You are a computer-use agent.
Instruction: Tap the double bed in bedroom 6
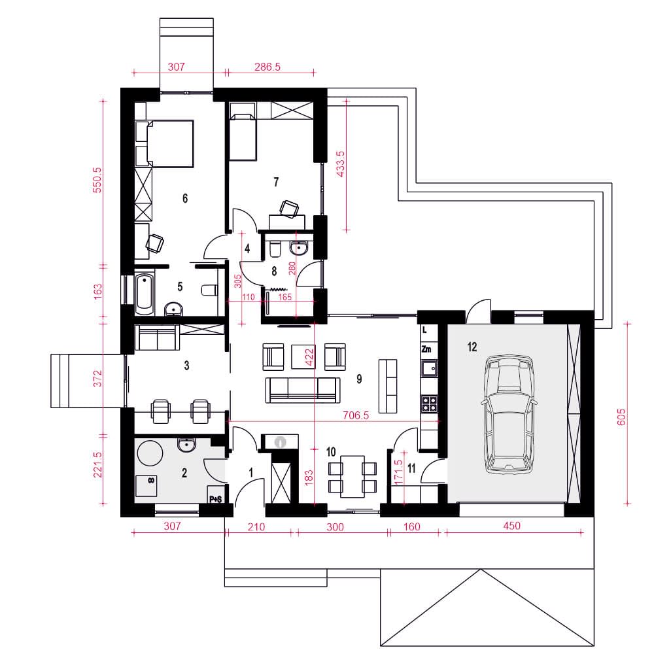(x=170, y=143)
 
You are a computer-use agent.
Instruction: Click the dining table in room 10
(x=353, y=476)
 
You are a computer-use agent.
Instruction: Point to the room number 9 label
(x=359, y=379)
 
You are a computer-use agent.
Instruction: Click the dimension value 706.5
(x=356, y=415)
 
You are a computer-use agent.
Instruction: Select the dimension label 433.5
(x=341, y=164)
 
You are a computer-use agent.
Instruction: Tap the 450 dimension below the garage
(x=512, y=526)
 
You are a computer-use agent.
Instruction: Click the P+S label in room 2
(x=215, y=499)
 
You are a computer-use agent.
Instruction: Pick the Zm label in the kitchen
(x=426, y=349)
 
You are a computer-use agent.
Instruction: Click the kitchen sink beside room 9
(x=429, y=368)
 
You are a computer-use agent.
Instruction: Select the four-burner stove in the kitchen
(x=429, y=404)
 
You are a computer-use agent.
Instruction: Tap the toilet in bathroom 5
(x=209, y=290)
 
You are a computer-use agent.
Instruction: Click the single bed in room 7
(x=243, y=137)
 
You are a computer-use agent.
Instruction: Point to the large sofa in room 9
(x=302, y=390)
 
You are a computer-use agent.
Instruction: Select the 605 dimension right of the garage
(x=621, y=417)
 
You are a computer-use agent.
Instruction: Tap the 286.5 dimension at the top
(x=267, y=66)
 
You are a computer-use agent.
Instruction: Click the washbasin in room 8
(x=299, y=248)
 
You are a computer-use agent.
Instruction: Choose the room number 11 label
(x=411, y=468)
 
